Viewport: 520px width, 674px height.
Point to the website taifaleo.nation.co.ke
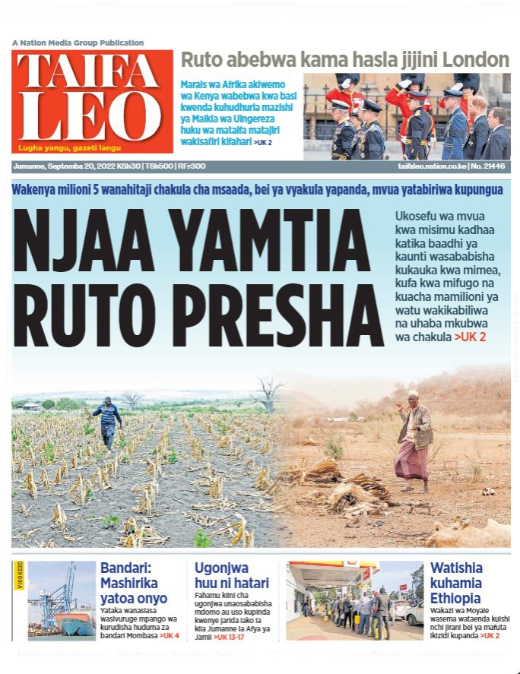(x=430, y=166)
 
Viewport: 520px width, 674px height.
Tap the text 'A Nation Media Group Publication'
(x=78, y=43)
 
